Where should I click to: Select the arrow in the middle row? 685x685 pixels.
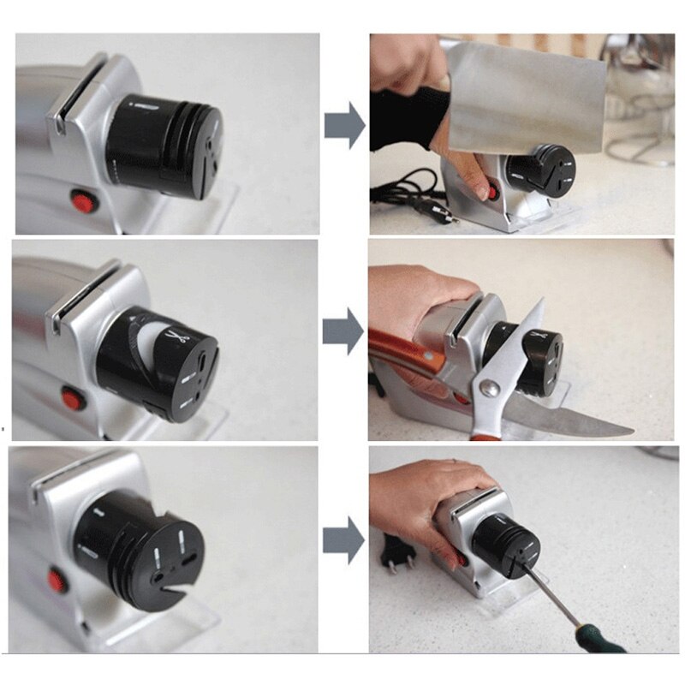(x=343, y=332)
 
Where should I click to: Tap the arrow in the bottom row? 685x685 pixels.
(x=343, y=540)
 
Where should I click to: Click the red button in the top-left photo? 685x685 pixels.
(x=83, y=203)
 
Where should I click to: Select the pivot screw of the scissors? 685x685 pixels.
(x=490, y=389)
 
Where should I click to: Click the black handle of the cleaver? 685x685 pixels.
(x=402, y=116)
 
